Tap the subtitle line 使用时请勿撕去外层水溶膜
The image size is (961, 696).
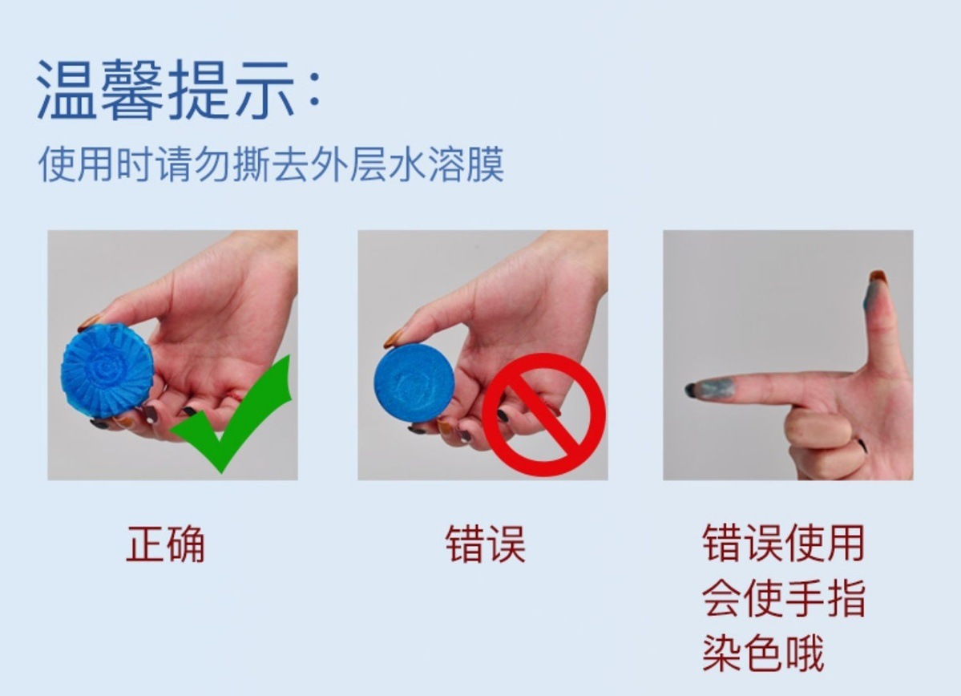click(x=271, y=164)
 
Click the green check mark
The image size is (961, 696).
click(x=232, y=413)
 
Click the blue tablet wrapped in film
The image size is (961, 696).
click(x=107, y=370)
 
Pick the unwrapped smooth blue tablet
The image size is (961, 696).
click(x=414, y=382)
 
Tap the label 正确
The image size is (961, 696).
click(x=165, y=544)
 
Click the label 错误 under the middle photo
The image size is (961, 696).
click(x=485, y=544)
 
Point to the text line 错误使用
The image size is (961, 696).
click(x=783, y=544)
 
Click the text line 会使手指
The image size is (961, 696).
click(x=783, y=598)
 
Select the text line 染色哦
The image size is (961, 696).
click(x=763, y=653)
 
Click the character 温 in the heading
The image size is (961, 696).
click(x=67, y=90)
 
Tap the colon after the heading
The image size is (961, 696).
click(x=315, y=93)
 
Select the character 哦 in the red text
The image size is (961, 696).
click(x=804, y=653)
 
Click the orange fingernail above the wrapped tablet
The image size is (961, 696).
click(x=90, y=322)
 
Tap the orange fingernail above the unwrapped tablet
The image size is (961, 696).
click(x=394, y=338)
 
